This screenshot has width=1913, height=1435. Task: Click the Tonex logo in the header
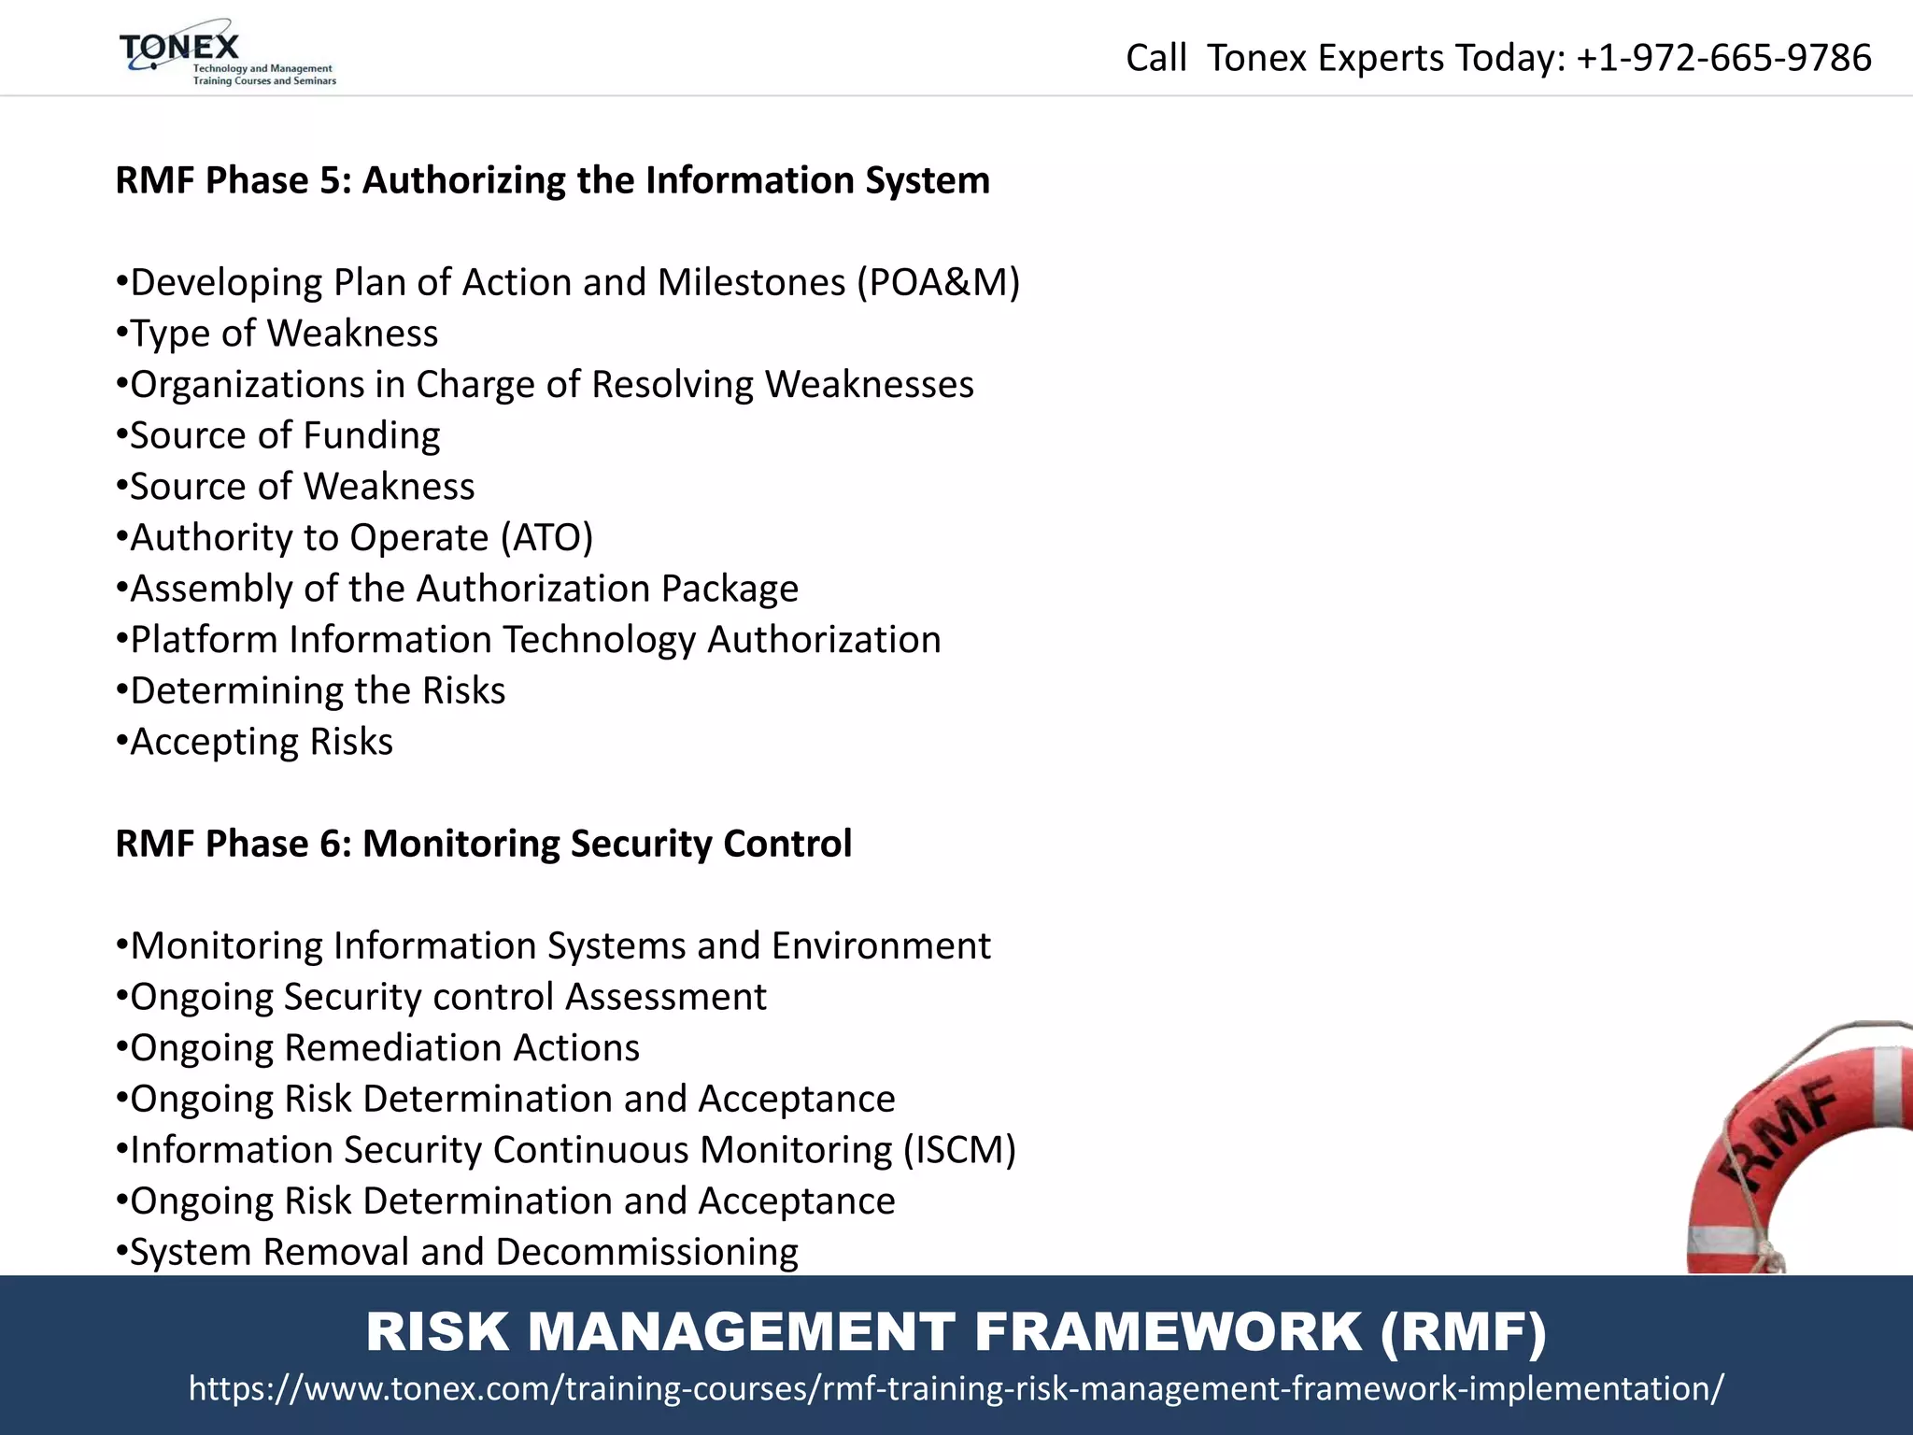click(226, 53)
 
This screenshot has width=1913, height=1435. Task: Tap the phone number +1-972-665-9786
click(1723, 58)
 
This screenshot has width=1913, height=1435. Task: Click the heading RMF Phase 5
click(552, 180)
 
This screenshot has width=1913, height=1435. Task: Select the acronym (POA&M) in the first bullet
click(939, 282)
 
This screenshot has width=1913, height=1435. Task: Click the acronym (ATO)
click(546, 538)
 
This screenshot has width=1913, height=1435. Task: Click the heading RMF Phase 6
click(483, 844)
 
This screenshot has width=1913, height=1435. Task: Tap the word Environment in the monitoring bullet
click(881, 945)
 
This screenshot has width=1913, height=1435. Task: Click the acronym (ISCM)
click(959, 1150)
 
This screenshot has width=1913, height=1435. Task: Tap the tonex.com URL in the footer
click(956, 1388)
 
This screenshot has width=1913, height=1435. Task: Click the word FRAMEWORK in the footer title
click(1168, 1331)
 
